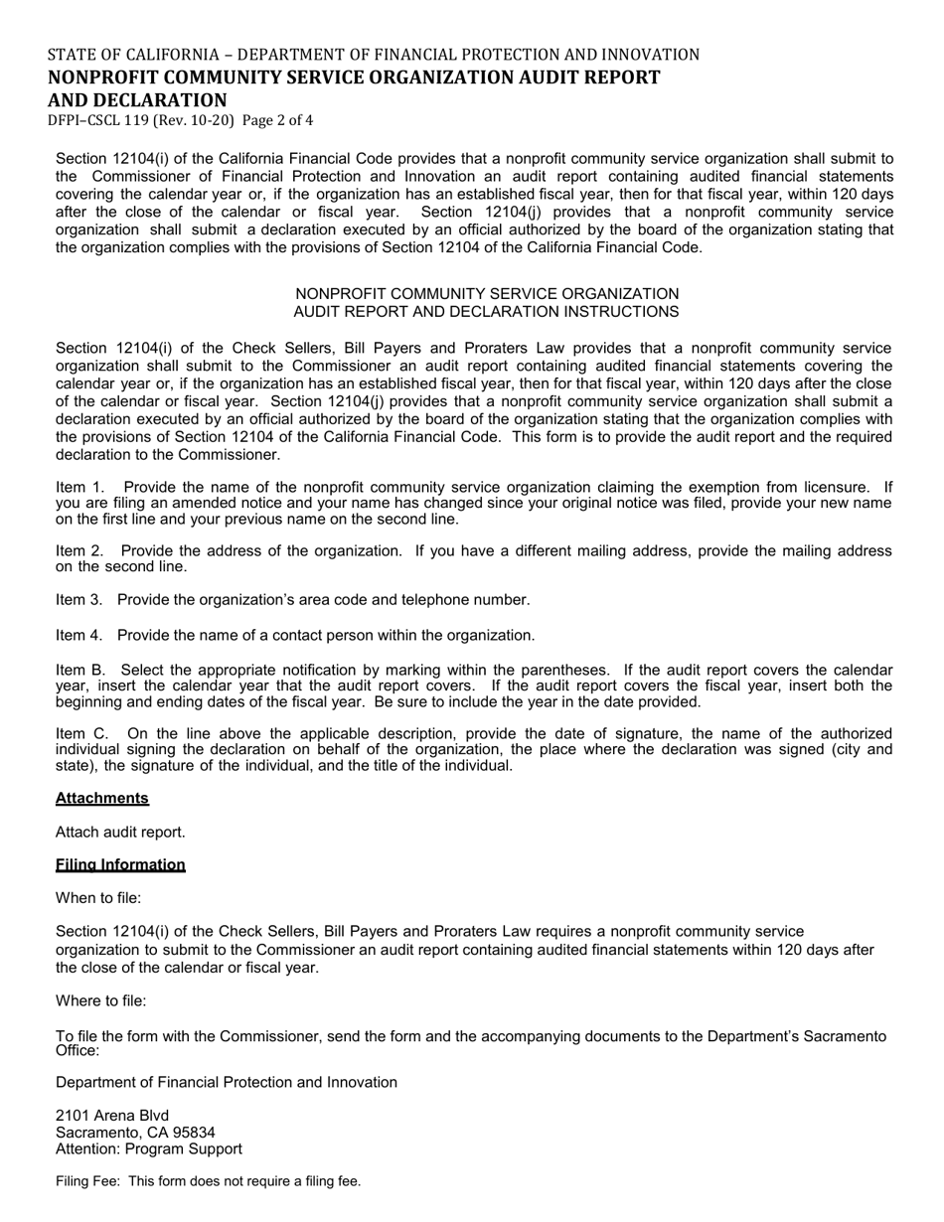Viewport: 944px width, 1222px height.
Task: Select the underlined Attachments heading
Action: pos(102,798)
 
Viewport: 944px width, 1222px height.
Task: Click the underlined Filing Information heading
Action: pos(120,864)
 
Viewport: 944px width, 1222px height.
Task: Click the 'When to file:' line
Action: pos(98,897)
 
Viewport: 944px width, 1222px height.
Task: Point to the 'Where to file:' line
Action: pos(101,1000)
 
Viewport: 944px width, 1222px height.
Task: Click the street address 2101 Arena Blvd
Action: pos(112,1115)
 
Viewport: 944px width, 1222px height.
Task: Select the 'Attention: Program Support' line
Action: pos(149,1148)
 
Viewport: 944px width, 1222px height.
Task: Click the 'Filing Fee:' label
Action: pos(88,1181)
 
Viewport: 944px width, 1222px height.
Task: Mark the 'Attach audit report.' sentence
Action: pos(120,832)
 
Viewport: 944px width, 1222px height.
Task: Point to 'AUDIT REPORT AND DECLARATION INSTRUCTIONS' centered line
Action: pos(486,311)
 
